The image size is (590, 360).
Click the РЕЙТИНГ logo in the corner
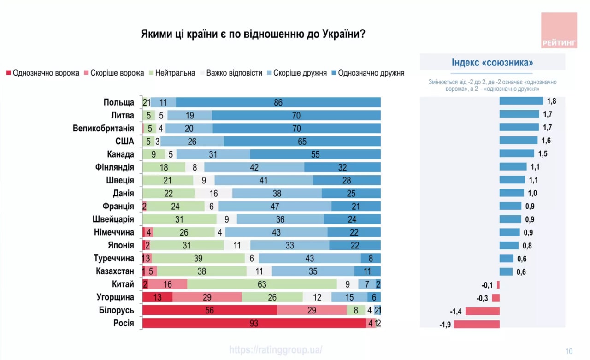(x=559, y=30)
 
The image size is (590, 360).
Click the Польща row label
(x=119, y=102)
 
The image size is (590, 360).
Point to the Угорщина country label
(x=115, y=297)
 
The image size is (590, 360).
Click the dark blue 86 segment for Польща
(x=278, y=102)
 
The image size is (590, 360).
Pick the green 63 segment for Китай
(x=262, y=284)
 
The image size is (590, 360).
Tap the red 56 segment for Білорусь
(x=210, y=310)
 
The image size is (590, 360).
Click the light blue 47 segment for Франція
(x=275, y=206)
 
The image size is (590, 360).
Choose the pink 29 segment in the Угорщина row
(x=207, y=297)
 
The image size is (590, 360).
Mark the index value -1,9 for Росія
(x=446, y=324)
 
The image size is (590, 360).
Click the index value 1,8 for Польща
(x=551, y=101)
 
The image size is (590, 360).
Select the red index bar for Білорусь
(x=483, y=311)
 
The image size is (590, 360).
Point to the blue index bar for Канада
(x=517, y=153)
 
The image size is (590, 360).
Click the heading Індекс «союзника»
(x=492, y=63)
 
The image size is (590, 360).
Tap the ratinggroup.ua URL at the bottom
(x=276, y=349)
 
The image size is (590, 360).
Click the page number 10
(x=569, y=351)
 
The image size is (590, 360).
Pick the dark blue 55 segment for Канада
(x=315, y=154)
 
